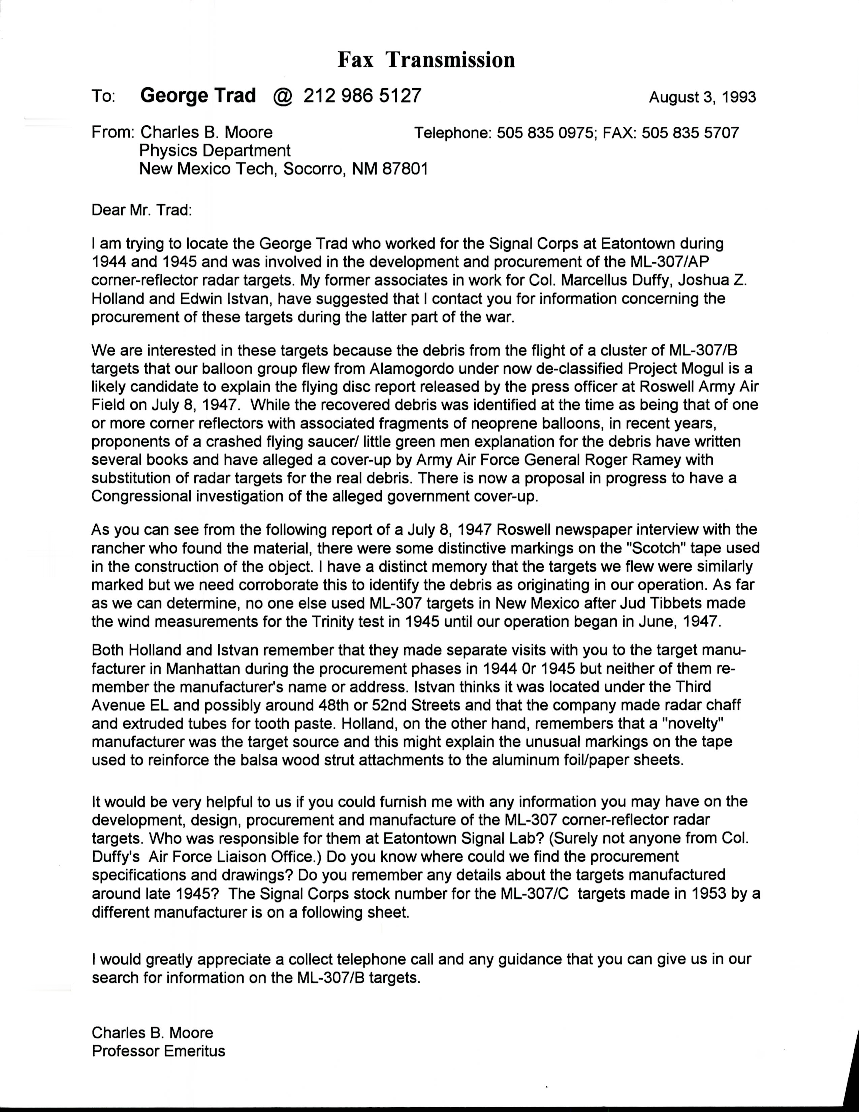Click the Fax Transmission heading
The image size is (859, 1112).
tap(426, 60)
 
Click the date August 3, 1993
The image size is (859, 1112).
tap(702, 97)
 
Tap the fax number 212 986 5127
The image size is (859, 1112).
tap(362, 96)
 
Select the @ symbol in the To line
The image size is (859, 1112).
tap(282, 96)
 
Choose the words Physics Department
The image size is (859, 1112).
tap(215, 151)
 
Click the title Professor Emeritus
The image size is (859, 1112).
tap(158, 1051)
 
